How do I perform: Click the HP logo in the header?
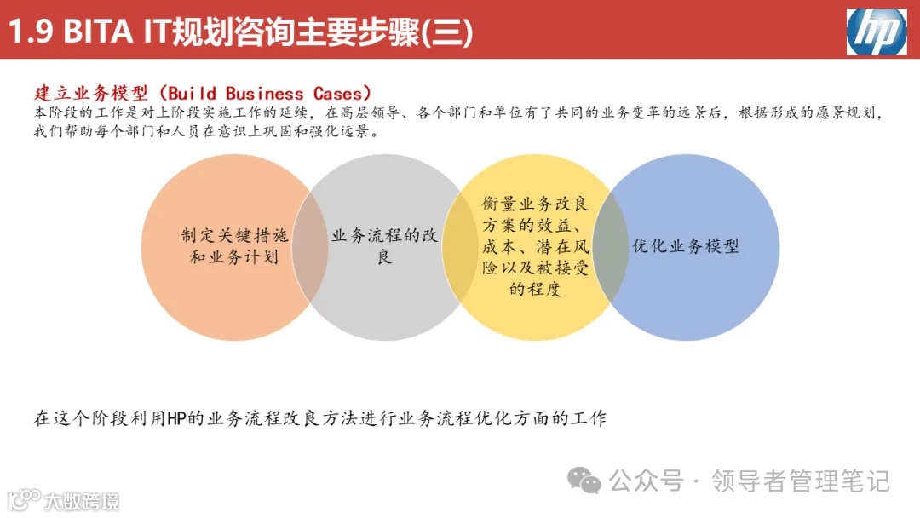pos(876,31)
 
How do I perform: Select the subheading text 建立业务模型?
pos(89,93)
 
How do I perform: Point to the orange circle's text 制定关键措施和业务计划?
pos(234,246)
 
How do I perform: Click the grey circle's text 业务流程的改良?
pos(384,246)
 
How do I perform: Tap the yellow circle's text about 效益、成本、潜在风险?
pos(535,246)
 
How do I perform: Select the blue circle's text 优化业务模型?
pos(685,246)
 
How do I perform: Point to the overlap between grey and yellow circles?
pos(460,246)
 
